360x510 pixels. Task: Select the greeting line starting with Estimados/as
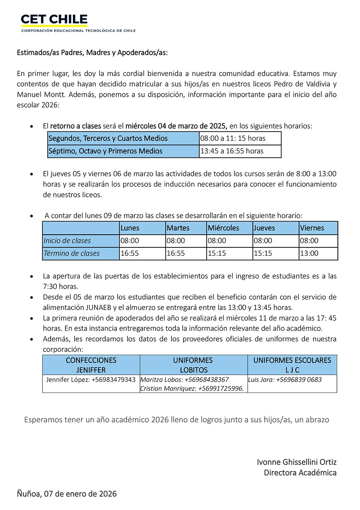point(92,53)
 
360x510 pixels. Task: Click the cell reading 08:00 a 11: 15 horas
point(240,138)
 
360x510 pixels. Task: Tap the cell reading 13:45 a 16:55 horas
point(240,151)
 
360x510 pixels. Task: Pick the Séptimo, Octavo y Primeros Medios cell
point(123,151)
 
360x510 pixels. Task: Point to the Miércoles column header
point(229,228)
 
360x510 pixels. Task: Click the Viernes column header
point(318,228)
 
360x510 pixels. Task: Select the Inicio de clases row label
point(81,241)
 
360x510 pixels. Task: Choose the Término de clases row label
point(81,253)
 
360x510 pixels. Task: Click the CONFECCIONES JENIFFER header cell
point(91,365)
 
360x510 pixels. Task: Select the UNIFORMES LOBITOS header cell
point(193,365)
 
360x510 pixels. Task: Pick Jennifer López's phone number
point(114,380)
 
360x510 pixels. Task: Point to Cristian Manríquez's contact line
point(192,388)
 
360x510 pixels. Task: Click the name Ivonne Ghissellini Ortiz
point(297,462)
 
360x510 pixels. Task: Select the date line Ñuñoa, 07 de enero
point(67,494)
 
